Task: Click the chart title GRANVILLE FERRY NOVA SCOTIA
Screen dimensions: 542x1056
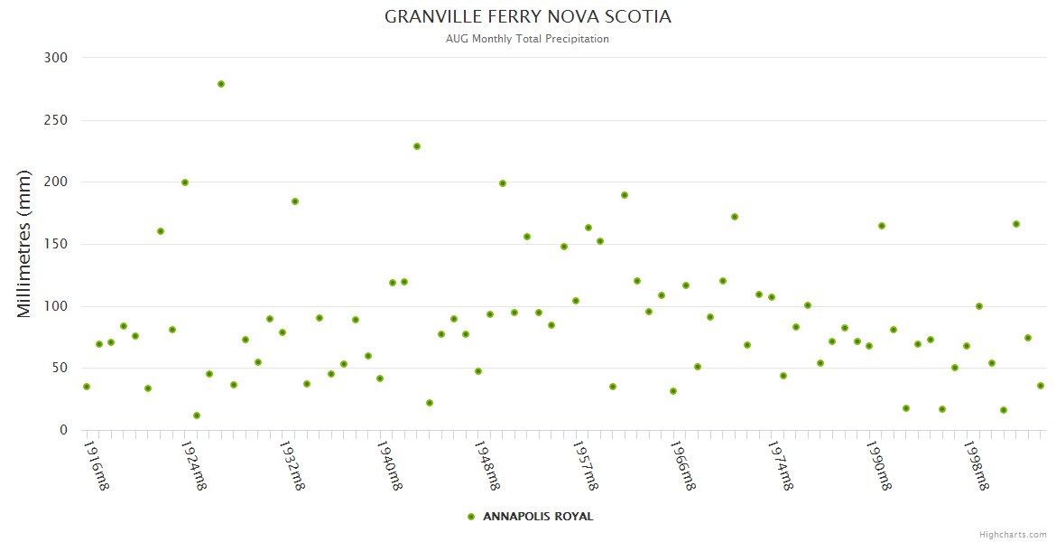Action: (527, 17)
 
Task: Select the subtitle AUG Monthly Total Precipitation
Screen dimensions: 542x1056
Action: (527, 39)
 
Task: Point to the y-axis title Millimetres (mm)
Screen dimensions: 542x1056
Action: (24, 244)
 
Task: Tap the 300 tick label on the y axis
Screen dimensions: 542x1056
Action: (56, 58)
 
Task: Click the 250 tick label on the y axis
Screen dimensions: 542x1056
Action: (56, 120)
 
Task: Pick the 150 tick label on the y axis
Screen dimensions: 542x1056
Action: (56, 244)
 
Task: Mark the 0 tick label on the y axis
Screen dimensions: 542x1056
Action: (63, 430)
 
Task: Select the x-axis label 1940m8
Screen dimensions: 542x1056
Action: (389, 465)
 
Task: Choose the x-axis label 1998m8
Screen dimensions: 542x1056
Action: (976, 465)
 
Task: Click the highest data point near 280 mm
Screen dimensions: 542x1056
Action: (221, 84)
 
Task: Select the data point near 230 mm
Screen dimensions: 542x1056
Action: (417, 146)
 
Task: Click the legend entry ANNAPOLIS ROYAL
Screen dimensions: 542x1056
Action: (538, 517)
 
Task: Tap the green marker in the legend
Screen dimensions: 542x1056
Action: (471, 517)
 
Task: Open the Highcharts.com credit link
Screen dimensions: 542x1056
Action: (1013, 535)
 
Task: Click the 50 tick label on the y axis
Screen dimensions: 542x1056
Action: (60, 368)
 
